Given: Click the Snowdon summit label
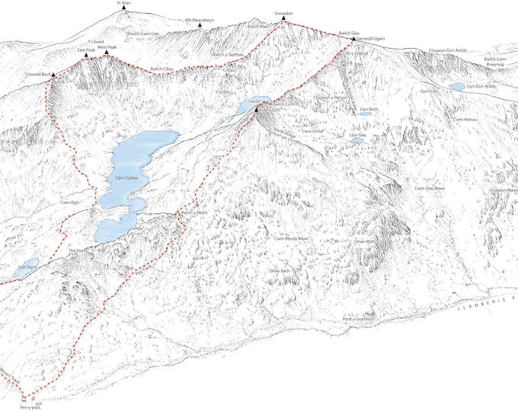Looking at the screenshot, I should [x=283, y=14].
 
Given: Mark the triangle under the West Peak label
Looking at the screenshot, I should [x=106, y=53].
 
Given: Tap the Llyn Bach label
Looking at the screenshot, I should [x=369, y=110].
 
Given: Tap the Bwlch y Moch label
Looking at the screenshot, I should [x=193, y=213].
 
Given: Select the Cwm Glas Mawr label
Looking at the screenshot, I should [x=430, y=188].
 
